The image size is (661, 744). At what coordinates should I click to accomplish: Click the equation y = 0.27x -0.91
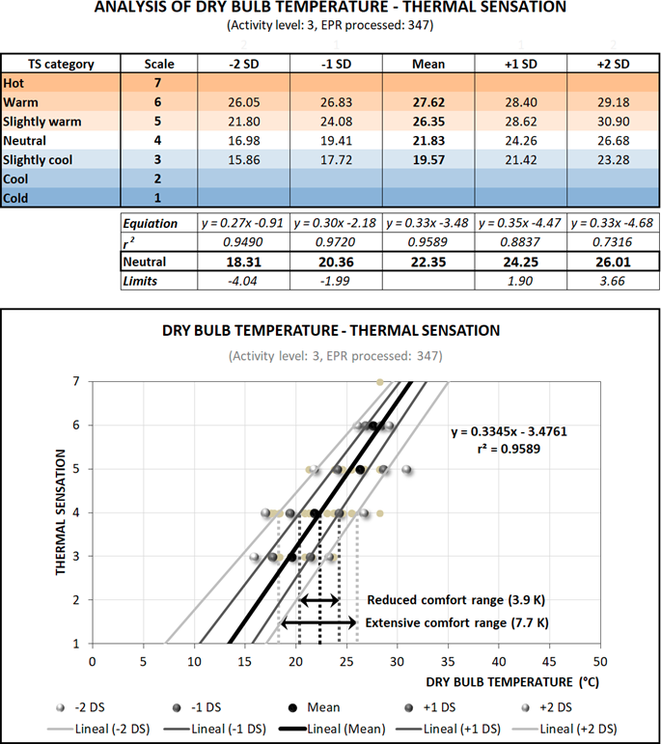coord(243,224)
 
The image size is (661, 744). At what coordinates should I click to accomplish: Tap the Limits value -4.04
coord(243,280)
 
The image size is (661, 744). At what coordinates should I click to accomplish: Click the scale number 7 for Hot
coord(158,83)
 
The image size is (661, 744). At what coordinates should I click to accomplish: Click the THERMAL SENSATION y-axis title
coord(61,510)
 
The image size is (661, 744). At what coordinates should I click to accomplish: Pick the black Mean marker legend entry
coord(315,707)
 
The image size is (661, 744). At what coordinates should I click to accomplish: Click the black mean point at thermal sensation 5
coord(360,470)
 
